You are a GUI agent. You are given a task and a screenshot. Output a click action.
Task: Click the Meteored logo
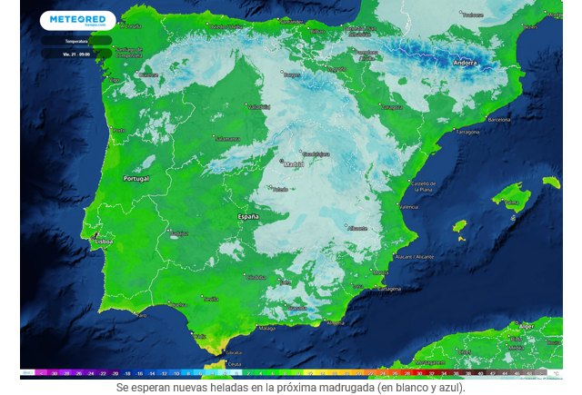point(77,20)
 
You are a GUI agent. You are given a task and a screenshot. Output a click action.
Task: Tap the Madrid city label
point(294,164)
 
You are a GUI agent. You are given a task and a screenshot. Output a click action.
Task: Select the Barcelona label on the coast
point(499,119)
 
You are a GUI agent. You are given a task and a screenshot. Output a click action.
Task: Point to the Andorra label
point(465,64)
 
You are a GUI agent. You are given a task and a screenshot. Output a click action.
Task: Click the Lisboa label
point(103,242)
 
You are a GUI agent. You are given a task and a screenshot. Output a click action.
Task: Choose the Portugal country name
point(136,179)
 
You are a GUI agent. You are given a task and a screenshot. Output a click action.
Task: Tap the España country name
point(247,217)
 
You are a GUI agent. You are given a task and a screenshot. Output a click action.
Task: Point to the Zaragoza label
point(392,106)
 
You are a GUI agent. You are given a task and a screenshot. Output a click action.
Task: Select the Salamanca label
point(227,138)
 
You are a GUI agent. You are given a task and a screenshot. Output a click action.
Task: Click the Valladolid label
point(260,107)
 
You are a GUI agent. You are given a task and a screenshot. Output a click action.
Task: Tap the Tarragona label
point(467,132)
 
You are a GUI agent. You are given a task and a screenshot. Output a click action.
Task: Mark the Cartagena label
point(388,288)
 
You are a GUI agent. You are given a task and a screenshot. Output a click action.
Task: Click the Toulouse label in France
point(471,15)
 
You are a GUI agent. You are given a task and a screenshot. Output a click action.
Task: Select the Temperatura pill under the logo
point(76,41)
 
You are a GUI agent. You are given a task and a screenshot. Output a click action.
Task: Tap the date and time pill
point(76,54)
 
